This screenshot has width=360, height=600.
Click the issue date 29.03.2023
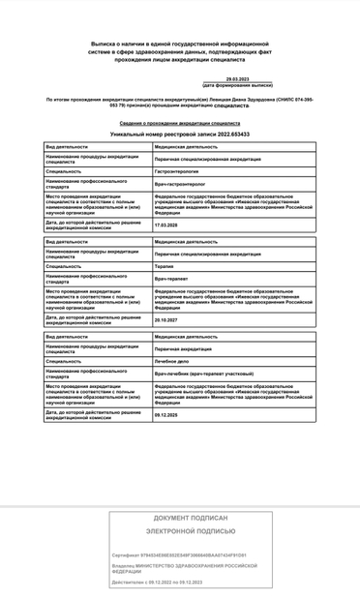[x=237, y=79]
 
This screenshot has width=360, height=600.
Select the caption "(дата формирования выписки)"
[x=237, y=86]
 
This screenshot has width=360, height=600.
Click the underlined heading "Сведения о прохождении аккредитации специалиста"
[x=180, y=124]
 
